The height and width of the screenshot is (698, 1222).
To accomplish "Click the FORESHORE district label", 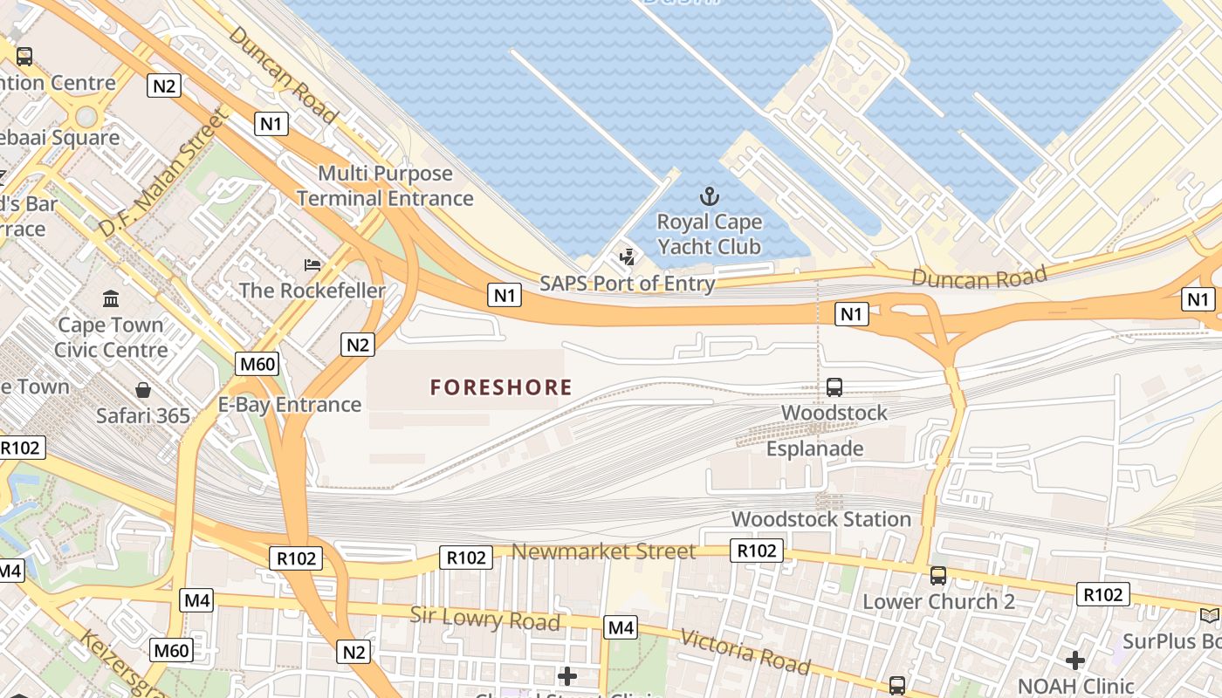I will (x=501, y=387).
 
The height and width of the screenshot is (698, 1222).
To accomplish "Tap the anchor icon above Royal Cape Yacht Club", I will (x=709, y=196).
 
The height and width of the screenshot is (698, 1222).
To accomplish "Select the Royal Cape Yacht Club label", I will (x=709, y=234).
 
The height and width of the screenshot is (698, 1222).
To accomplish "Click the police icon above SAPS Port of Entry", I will (x=627, y=257).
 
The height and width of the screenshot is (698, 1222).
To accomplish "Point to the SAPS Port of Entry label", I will (x=627, y=284).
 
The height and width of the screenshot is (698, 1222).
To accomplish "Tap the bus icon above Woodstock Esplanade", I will (x=834, y=387).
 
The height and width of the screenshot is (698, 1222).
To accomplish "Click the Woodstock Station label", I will (x=820, y=519).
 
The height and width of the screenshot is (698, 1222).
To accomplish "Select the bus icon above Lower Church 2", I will (x=938, y=576).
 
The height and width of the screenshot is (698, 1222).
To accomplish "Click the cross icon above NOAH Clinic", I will (x=1075, y=660).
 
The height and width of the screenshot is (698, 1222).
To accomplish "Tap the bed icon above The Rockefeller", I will (x=312, y=264).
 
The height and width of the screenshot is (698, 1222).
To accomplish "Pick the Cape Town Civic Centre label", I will (x=111, y=338).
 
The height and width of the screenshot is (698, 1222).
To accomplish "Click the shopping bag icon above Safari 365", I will (x=143, y=390).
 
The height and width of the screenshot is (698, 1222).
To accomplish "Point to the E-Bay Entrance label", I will (x=289, y=405).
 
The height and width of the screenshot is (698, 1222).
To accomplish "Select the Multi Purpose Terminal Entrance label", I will (x=385, y=186).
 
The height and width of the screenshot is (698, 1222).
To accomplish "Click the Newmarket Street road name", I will (x=603, y=551).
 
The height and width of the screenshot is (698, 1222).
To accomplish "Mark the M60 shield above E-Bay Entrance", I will (x=257, y=364).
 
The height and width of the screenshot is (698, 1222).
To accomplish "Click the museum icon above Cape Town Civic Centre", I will (x=111, y=299).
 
